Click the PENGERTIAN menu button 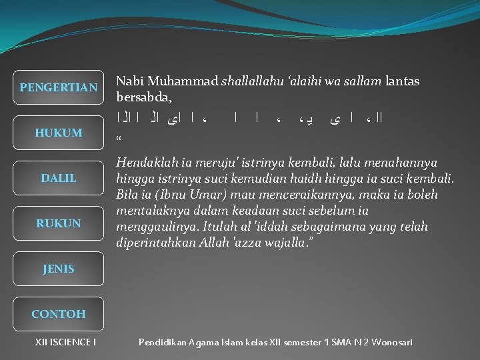point(59,87)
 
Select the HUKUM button point(59,133)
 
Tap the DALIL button point(59,178)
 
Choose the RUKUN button point(59,223)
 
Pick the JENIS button point(59,269)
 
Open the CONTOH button point(59,313)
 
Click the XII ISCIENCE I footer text point(65,342)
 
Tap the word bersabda point(143,97)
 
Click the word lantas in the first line point(402,81)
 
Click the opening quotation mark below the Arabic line point(119,139)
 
